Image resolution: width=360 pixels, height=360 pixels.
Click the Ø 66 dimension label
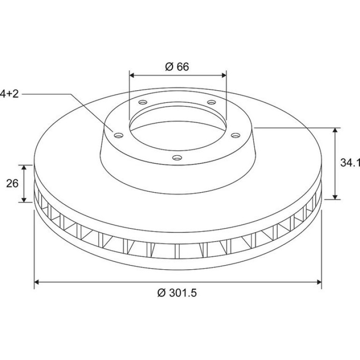point(177,66)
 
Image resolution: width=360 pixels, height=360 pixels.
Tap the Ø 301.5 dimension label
point(177,293)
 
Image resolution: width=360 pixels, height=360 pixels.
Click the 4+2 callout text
point(9,94)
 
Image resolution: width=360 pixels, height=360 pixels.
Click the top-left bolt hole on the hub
point(143,102)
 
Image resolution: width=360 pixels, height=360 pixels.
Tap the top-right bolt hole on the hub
point(212,102)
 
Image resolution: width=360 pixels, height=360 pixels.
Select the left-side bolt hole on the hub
point(119,136)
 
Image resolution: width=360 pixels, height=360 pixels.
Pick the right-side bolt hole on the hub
point(235,136)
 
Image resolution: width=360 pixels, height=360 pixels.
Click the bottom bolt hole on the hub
point(177,158)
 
